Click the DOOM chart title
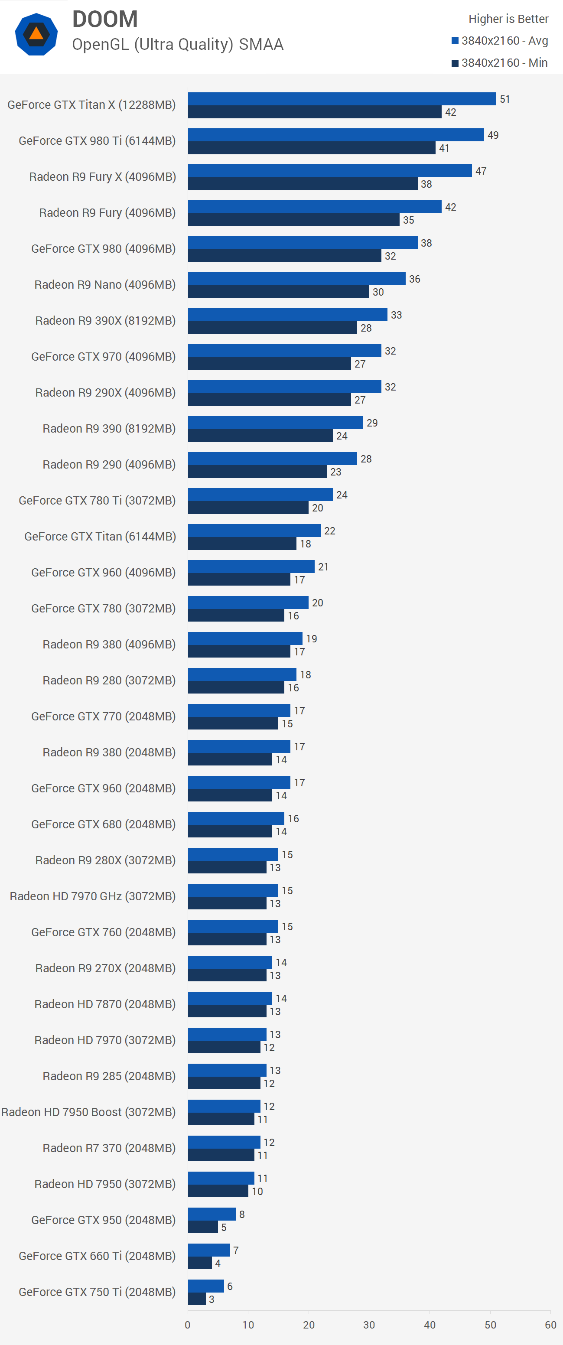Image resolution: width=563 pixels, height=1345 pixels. click(105, 20)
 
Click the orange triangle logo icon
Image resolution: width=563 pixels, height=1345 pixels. click(36, 35)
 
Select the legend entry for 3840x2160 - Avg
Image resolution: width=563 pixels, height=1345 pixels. click(499, 41)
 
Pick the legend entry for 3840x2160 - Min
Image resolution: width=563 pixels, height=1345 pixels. click(499, 63)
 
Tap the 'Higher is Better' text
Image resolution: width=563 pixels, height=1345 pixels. click(508, 19)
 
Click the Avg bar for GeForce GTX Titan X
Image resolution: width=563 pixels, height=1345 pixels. click(342, 99)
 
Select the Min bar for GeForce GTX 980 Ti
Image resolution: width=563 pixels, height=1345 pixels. click(311, 148)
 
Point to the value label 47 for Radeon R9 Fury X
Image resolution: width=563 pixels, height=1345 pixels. click(481, 171)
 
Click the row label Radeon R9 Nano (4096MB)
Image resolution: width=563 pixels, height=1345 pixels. click(105, 284)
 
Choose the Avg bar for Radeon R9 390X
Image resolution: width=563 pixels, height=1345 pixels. click(287, 314)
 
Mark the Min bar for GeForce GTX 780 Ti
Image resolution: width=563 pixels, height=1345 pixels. click(248, 508)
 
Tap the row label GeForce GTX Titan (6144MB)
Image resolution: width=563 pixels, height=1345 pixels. click(100, 536)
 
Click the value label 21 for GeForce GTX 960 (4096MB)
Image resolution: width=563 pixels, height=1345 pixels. click(323, 567)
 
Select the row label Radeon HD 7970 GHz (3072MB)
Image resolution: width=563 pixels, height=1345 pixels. click(92, 896)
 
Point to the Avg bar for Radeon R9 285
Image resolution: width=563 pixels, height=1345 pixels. click(227, 1070)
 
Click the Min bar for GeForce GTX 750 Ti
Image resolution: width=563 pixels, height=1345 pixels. click(197, 1299)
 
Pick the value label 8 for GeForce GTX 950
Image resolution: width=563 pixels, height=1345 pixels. click(242, 1215)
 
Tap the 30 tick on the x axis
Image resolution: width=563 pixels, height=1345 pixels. click(369, 1325)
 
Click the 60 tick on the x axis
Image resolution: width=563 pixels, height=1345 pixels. click(550, 1325)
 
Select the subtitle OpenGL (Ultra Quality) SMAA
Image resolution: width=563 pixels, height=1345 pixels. click(178, 44)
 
